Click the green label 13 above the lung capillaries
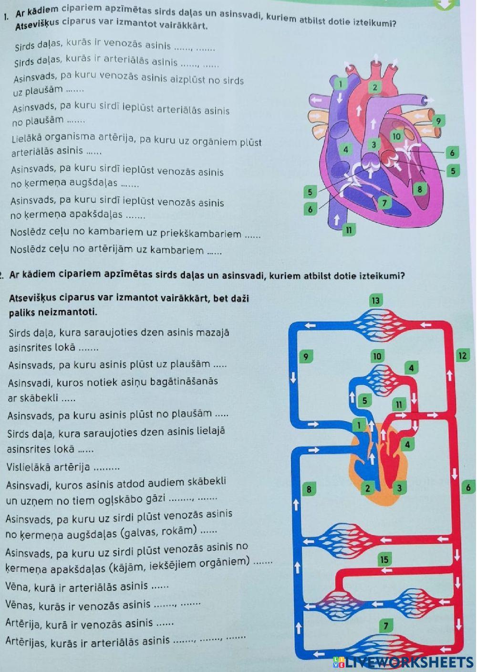376,300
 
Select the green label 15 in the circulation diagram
384,559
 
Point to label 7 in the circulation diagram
386,626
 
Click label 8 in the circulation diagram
309,489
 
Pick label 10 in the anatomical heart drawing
396,136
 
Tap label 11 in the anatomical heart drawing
349,230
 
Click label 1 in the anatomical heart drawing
340,84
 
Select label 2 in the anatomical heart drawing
375,87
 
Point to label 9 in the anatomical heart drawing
438,121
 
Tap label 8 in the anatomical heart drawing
420,189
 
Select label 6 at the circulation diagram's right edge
468,487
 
